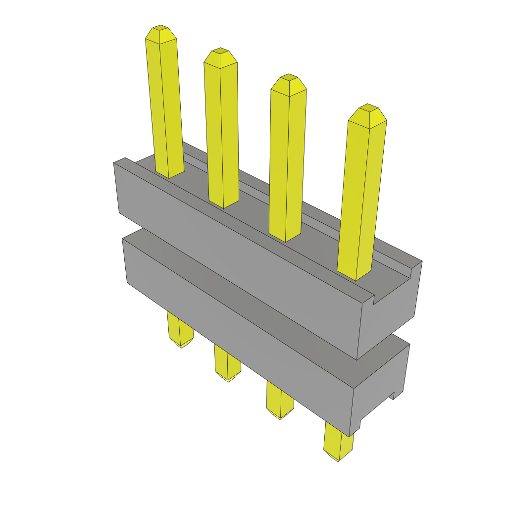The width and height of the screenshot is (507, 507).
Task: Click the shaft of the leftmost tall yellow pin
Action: [x=165, y=109]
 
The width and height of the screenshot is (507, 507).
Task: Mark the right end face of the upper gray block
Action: [x=389, y=317]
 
